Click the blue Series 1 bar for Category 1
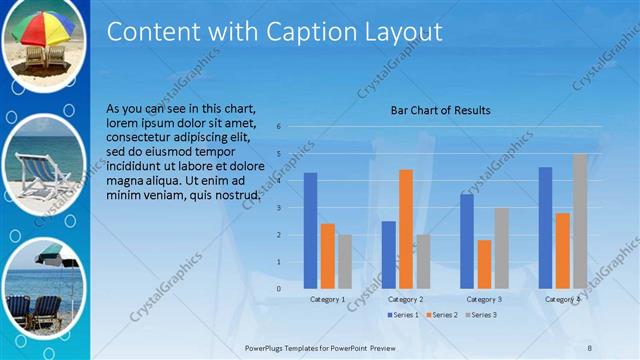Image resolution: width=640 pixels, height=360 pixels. (310, 230)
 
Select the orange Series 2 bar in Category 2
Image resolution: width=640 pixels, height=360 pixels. (405, 229)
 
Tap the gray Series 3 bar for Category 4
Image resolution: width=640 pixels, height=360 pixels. (580, 221)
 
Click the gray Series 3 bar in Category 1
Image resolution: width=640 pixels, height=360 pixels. (345, 262)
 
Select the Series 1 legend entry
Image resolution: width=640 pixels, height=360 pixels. (403, 315)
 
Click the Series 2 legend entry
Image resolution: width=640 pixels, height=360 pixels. (441, 315)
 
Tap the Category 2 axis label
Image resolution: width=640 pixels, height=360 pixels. (405, 299)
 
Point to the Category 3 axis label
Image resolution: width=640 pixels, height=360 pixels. (484, 299)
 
